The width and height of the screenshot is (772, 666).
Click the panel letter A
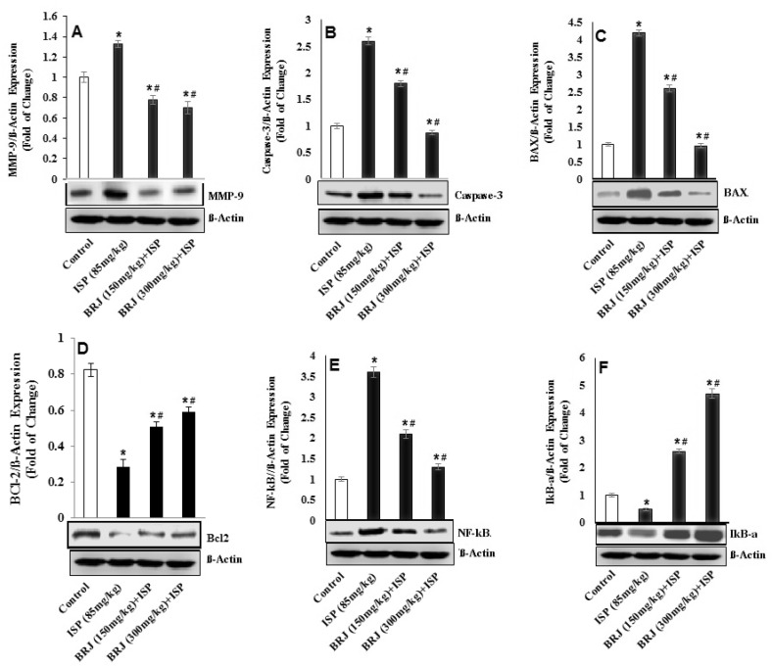[x=75, y=31]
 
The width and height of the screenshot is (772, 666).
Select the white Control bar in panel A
[x=85, y=127]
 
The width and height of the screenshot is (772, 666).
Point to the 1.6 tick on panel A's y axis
[x=49, y=17]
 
